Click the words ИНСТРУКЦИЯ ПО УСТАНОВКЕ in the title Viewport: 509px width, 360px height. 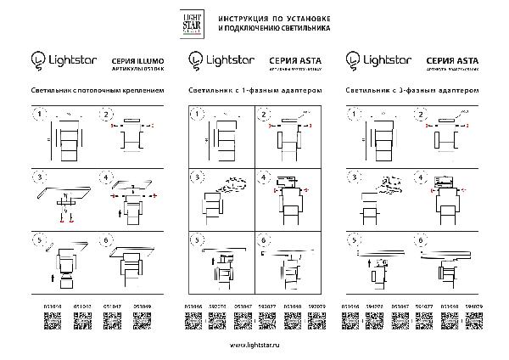pos(274,18)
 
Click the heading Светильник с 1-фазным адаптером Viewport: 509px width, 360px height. pos(255,89)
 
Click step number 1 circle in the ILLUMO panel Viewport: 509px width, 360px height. pos(37,114)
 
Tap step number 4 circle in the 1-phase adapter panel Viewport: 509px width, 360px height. pos(263,177)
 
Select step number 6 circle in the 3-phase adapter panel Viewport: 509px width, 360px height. pos(422,240)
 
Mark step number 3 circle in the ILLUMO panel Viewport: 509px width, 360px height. pos(37,177)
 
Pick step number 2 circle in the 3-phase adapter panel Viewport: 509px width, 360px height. pos(422,114)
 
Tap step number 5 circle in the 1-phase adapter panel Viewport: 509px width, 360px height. pos(198,240)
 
